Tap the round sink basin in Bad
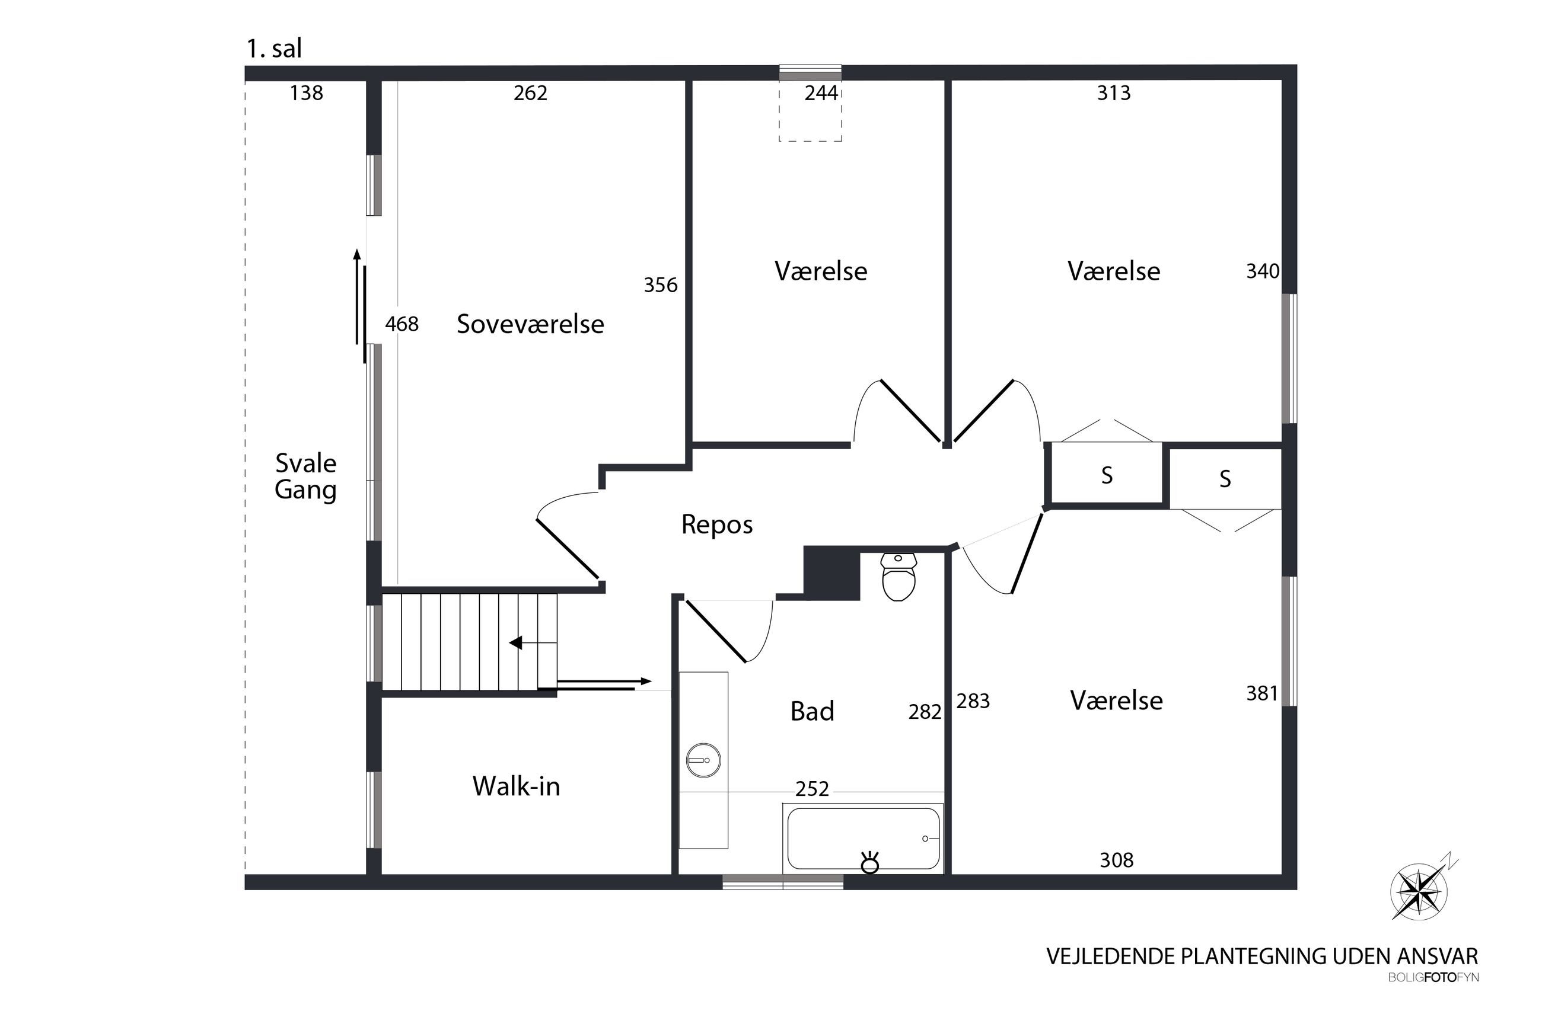pyautogui.click(x=703, y=761)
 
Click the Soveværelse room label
pyautogui.click(x=530, y=324)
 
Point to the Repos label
pyautogui.click(x=717, y=524)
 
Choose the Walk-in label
pyautogui.click(x=517, y=786)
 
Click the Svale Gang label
pyautogui.click(x=305, y=477)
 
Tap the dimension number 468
pyautogui.click(x=401, y=324)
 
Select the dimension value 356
pyautogui.click(x=660, y=285)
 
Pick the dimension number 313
pyautogui.click(x=1113, y=93)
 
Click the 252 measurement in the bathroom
pyautogui.click(x=812, y=789)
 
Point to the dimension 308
pyautogui.click(x=1116, y=860)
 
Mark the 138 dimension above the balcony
pyautogui.click(x=306, y=93)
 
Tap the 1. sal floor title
pyautogui.click(x=274, y=49)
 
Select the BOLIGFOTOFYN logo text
pyautogui.click(x=1433, y=978)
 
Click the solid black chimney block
pyautogui.click(x=831, y=573)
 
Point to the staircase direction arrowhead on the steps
pyautogui.click(x=516, y=643)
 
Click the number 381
pyautogui.click(x=1262, y=693)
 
